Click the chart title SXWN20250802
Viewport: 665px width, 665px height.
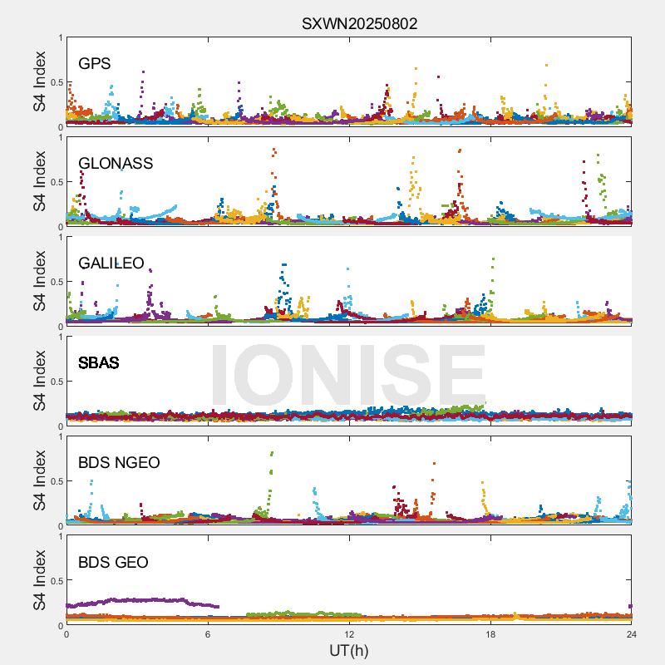359,23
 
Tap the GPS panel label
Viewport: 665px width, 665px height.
95,63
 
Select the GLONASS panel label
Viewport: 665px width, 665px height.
116,163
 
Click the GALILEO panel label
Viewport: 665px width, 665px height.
111,263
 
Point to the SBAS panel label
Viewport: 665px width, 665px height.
98,362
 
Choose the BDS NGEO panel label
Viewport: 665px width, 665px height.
119,462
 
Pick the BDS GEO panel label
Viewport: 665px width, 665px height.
113,563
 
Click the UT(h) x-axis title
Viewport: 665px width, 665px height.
348,649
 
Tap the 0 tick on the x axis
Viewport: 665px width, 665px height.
66,633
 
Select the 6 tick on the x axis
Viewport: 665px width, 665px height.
208,633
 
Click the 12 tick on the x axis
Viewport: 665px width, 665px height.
349,633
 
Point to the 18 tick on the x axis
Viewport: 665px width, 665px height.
490,633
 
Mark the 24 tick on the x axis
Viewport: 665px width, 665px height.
632,633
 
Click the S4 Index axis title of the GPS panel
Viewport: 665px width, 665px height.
39,81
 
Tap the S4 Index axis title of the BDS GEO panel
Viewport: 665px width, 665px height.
39,580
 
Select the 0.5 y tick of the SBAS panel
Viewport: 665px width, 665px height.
54,382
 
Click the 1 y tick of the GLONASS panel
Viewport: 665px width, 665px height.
59,137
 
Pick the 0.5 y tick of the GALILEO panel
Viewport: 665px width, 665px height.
54,282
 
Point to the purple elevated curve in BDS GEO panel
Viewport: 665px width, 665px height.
133,599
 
